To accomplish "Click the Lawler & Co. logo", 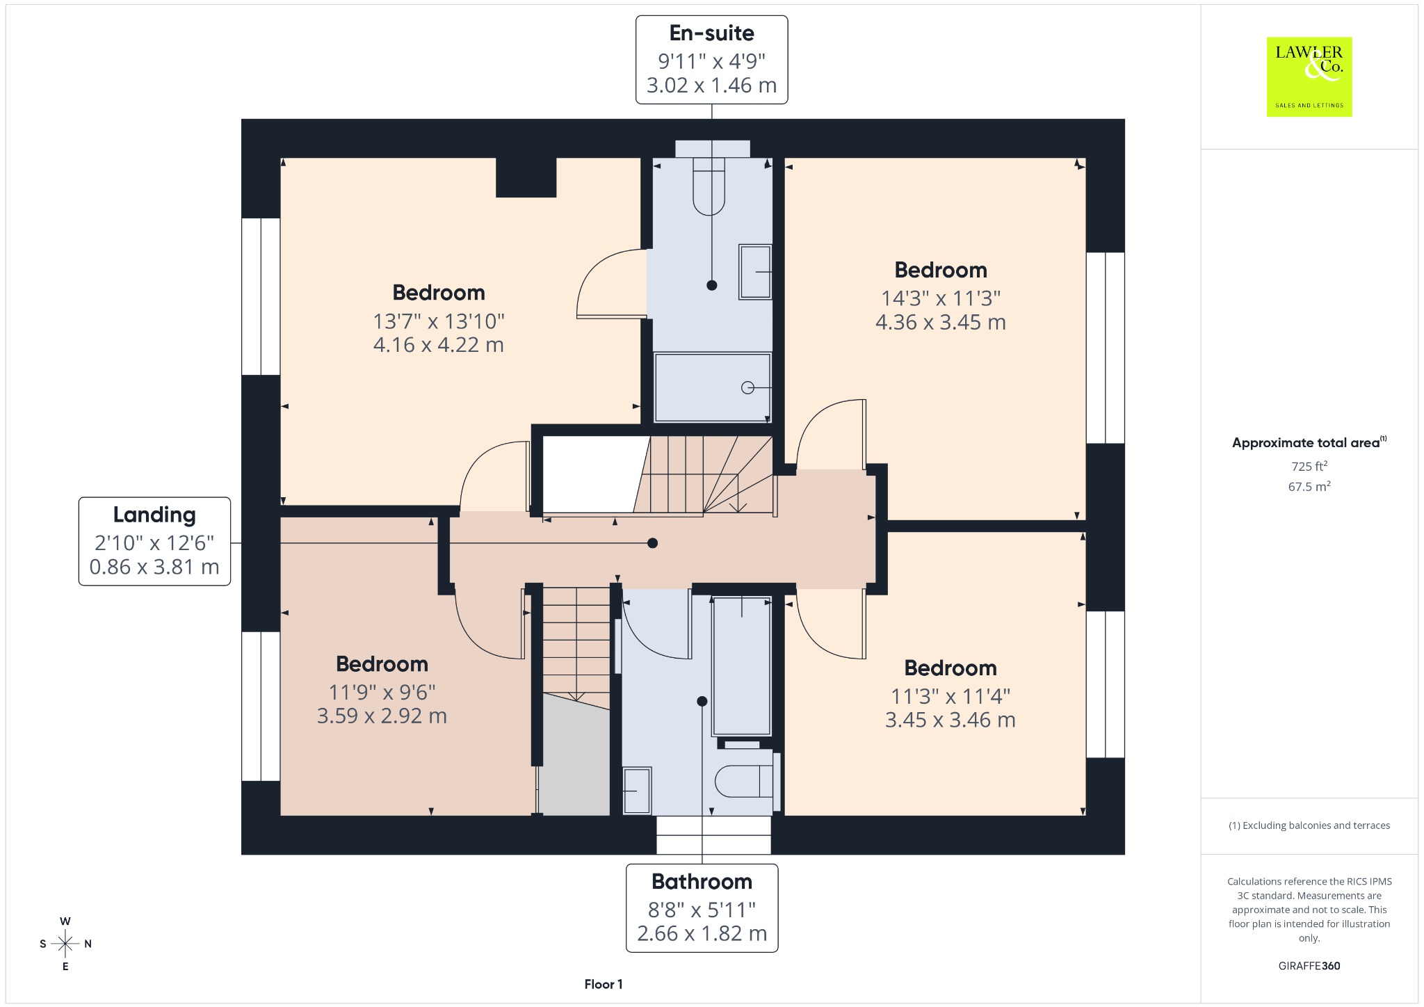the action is (1309, 76).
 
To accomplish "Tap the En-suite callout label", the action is (711, 60).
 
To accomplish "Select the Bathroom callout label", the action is (702, 908).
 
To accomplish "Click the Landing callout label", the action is (154, 541).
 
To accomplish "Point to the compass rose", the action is (65, 944).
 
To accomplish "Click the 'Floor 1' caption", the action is (604, 984).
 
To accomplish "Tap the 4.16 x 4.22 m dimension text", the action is (438, 345).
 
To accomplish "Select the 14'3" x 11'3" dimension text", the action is (941, 298).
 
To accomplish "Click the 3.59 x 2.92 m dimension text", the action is (382, 716).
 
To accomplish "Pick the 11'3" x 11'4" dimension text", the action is (950, 696).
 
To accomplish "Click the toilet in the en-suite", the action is (709, 185).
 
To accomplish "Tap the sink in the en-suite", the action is (755, 272).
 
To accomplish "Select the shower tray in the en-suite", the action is (713, 387).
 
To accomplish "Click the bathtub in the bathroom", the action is (742, 666).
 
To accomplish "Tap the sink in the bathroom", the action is (637, 791).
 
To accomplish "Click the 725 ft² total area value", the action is (1309, 466).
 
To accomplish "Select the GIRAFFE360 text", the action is (1309, 966).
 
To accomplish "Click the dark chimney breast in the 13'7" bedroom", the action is (526, 177).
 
